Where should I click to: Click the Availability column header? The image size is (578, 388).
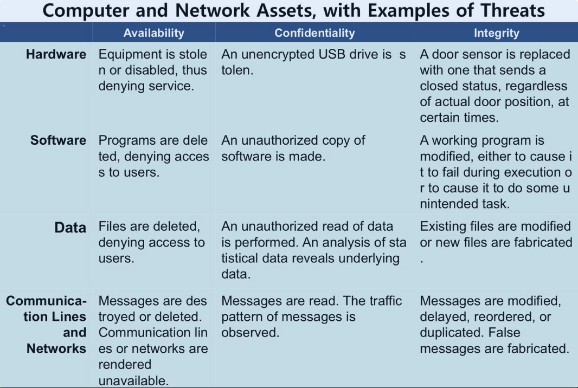(153, 33)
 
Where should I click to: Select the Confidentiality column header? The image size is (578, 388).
(314, 33)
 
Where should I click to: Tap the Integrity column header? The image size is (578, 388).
(496, 33)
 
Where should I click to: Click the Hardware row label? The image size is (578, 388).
(56, 55)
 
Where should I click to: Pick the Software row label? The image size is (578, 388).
(58, 140)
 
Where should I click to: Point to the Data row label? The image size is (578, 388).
(70, 228)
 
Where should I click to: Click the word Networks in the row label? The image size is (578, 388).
(56, 348)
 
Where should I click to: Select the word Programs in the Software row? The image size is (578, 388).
(128, 140)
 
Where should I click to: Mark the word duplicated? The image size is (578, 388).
(449, 332)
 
